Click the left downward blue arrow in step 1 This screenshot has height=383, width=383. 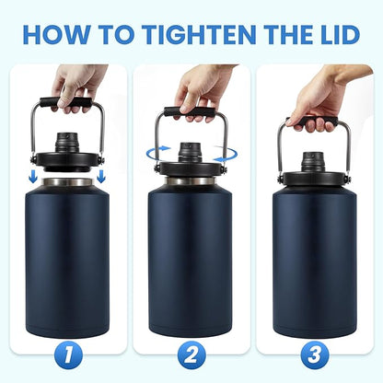(34, 174)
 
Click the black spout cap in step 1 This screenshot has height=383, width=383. (70, 143)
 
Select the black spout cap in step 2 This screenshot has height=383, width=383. (191, 149)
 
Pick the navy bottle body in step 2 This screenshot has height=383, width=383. (191, 267)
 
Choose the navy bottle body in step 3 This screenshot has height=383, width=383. (314, 267)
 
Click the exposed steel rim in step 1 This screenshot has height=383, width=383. (70, 182)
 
